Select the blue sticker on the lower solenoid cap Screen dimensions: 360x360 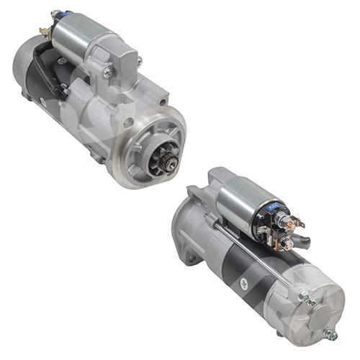tap(276, 207)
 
